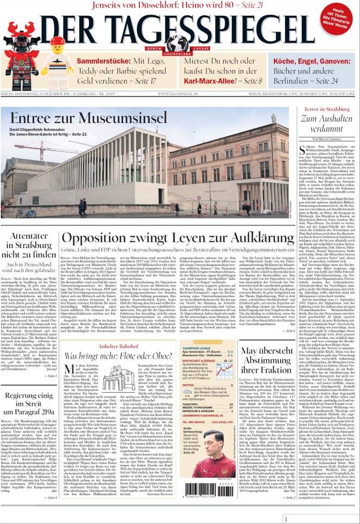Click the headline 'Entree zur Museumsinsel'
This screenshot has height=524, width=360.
click(x=89, y=118)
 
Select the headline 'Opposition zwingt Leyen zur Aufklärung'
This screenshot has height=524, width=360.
click(x=178, y=238)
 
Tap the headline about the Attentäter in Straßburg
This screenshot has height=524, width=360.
click(x=29, y=245)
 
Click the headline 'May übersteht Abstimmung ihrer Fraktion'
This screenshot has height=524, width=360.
click(x=266, y=361)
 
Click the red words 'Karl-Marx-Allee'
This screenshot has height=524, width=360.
click(x=209, y=81)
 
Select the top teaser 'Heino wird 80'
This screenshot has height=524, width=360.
click(x=179, y=5)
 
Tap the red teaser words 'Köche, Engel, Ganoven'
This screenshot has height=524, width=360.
click(x=312, y=61)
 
